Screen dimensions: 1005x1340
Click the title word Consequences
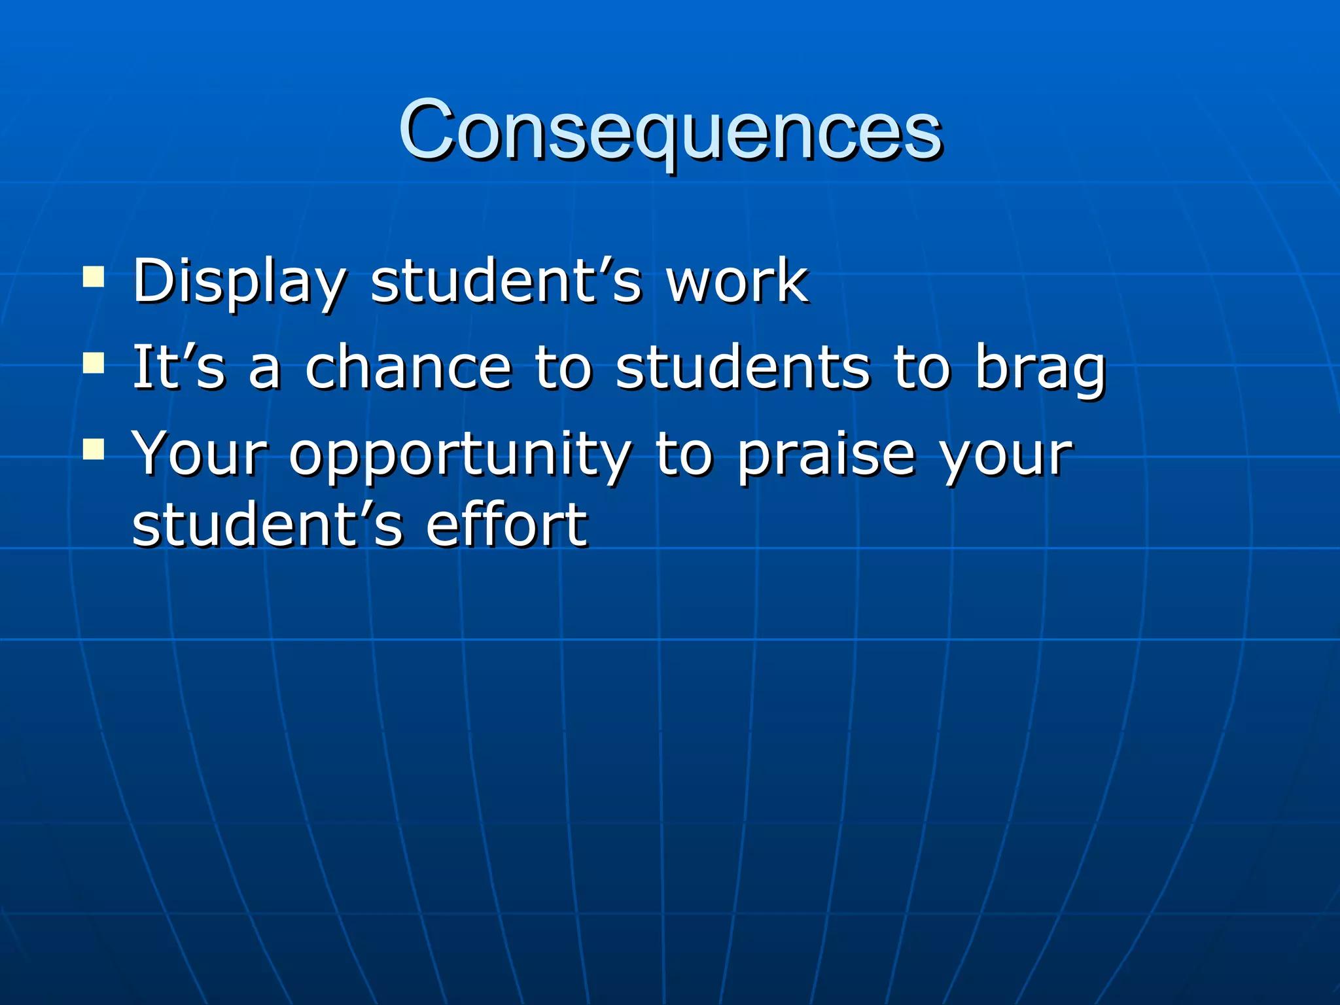pyautogui.click(x=670, y=131)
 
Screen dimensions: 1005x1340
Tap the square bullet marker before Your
pyautogui.click(x=94, y=450)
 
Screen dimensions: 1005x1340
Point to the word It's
pyautogui.click(x=179, y=368)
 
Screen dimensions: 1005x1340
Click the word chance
pyautogui.click(x=408, y=368)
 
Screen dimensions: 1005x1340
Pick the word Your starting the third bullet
pyautogui.click(x=200, y=454)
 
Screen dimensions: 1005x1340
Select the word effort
pyautogui.click(x=506, y=525)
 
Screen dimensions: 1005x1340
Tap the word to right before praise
pyautogui.click(x=683, y=454)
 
